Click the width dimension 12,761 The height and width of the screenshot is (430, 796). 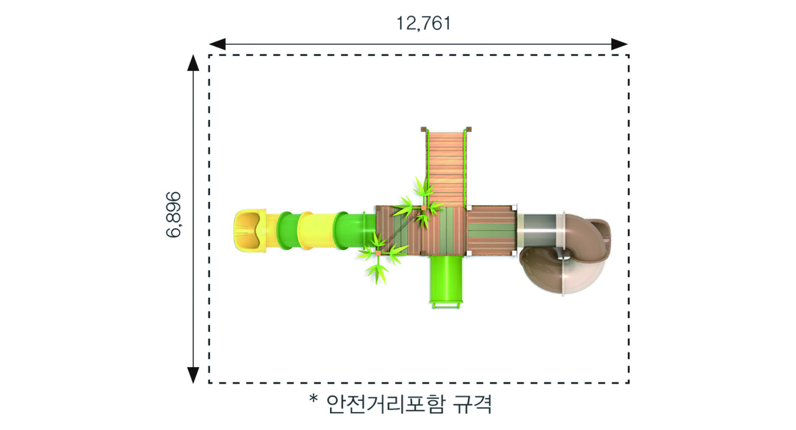(x=423, y=23)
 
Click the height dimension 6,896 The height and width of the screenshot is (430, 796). (x=173, y=214)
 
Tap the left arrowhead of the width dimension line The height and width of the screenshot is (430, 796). (x=217, y=44)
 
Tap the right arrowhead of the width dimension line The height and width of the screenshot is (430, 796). (x=619, y=44)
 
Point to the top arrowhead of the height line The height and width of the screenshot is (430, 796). (x=193, y=63)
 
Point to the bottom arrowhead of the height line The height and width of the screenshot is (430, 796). (x=193, y=375)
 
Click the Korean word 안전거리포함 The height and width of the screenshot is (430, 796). (x=385, y=404)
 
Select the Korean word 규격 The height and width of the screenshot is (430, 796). (x=473, y=404)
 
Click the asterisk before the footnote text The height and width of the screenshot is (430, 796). (x=313, y=398)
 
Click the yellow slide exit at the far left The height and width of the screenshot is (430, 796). (x=250, y=230)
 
